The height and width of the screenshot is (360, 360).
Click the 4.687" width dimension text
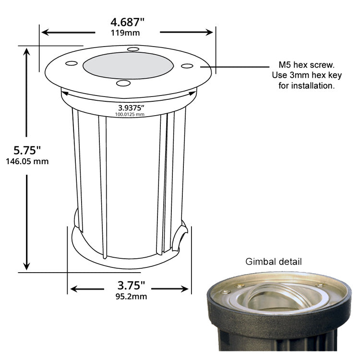[128, 22]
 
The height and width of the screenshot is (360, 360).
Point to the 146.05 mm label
[27, 161]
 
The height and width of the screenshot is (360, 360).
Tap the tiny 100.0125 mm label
[130, 114]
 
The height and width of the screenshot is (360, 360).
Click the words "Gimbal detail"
[274, 262]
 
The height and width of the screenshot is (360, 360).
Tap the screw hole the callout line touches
[187, 66]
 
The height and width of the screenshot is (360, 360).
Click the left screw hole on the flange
[71, 63]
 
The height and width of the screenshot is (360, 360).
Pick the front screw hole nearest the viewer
[123, 83]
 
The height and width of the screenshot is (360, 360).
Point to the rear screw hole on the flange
[133, 48]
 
